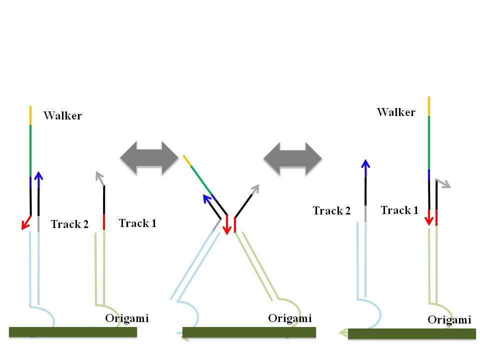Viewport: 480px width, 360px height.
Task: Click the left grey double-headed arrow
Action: tap(149, 158)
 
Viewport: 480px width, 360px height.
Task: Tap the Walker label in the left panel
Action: tap(62, 116)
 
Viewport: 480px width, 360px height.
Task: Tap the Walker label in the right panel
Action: tap(396, 112)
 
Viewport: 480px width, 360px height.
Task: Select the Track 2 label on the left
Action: tap(69, 224)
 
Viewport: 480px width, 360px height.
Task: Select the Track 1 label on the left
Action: tap(137, 223)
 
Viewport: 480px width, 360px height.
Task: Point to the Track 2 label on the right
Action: tap(331, 211)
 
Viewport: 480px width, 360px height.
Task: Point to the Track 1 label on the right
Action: tap(399, 210)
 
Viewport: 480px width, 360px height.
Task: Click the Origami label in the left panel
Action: tap(127, 318)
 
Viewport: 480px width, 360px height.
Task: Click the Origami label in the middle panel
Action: tap(290, 318)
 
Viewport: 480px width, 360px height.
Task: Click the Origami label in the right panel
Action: tap(449, 320)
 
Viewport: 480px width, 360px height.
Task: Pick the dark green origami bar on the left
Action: tap(73, 331)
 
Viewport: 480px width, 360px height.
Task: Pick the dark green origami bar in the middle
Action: tap(249, 332)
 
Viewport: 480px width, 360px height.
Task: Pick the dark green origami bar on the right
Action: tap(411, 333)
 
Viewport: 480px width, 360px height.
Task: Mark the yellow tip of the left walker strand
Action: tap(30, 115)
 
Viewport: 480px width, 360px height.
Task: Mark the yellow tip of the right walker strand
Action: tap(429, 106)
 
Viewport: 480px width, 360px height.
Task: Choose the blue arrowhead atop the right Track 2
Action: tap(365, 164)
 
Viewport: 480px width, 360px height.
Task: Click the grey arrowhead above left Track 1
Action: tap(99, 176)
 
